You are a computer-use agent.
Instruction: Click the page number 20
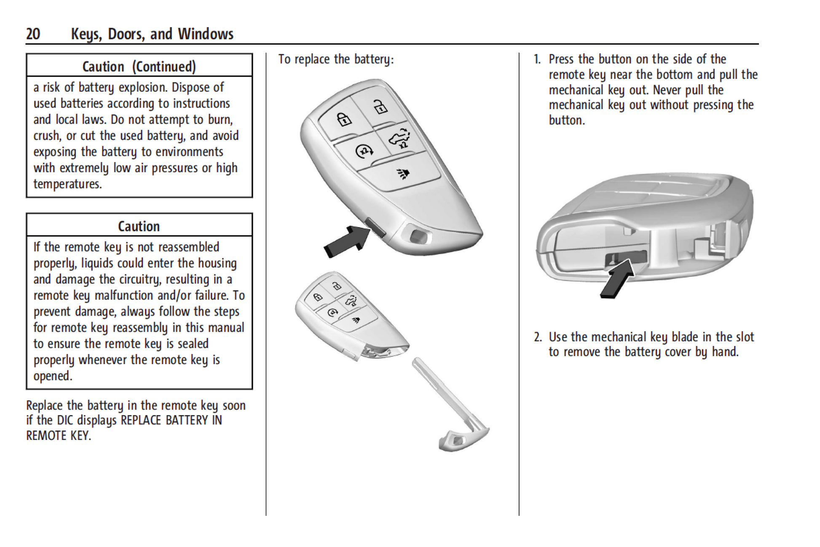[33, 34]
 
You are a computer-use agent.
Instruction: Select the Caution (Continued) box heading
[139, 67]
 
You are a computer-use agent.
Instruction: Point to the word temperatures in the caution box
[67, 184]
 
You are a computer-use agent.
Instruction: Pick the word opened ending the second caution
[52, 376]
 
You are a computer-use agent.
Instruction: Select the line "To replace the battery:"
[336, 59]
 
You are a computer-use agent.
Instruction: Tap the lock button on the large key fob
[344, 119]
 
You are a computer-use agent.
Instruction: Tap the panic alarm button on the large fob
[402, 173]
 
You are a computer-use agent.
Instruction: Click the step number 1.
[537, 59]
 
